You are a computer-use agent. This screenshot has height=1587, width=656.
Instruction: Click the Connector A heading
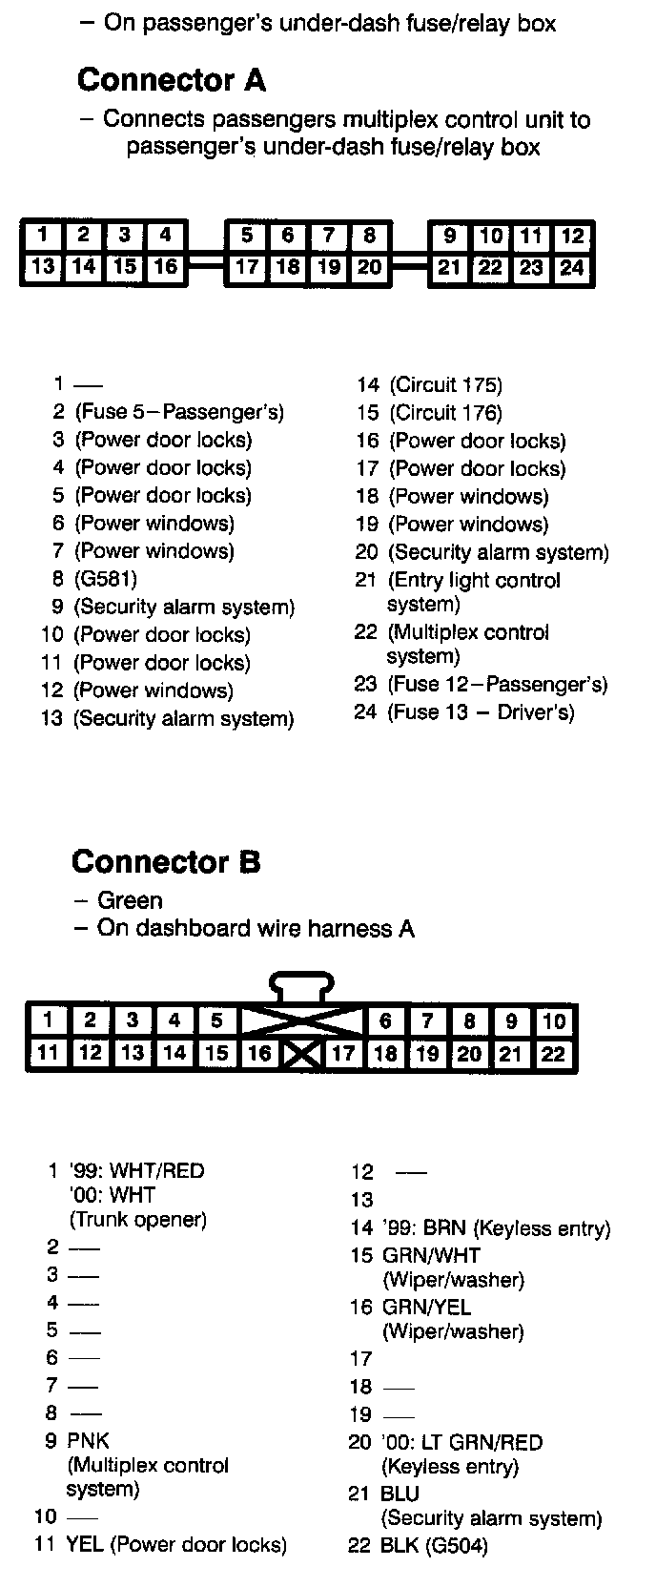pyautogui.click(x=172, y=79)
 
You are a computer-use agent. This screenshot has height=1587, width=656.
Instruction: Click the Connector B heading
pyautogui.click(x=166, y=862)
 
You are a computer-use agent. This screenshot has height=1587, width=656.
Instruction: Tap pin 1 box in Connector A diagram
pyautogui.click(x=43, y=235)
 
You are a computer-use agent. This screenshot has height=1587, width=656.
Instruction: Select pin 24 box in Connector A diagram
pyautogui.click(x=572, y=267)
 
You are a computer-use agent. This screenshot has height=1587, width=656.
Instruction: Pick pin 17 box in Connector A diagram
pyautogui.click(x=247, y=267)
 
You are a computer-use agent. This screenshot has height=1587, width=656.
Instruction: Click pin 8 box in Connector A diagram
pyautogui.click(x=370, y=235)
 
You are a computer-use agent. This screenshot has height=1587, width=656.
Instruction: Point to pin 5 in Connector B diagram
pyautogui.click(x=216, y=1020)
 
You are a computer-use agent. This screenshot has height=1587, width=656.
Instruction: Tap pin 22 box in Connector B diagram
pyautogui.click(x=553, y=1054)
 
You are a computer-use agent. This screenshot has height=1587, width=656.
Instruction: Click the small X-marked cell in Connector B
pyautogui.click(x=302, y=1054)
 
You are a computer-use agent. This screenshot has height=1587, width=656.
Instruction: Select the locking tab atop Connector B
pyautogui.click(x=302, y=985)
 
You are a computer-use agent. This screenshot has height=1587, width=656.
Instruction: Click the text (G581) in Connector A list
pyautogui.click(x=106, y=579)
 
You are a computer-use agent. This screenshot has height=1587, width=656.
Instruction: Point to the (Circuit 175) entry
pyautogui.click(x=445, y=385)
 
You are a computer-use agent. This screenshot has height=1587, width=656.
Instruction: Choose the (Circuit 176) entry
pyautogui.click(x=445, y=413)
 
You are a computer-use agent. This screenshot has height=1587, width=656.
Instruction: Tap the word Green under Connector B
pyautogui.click(x=130, y=900)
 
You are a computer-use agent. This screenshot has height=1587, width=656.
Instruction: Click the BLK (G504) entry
pyautogui.click(x=434, y=1546)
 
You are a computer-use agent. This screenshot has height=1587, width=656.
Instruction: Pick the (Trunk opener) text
pyautogui.click(x=137, y=1219)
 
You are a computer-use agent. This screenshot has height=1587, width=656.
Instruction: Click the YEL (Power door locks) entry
pyautogui.click(x=175, y=1544)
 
